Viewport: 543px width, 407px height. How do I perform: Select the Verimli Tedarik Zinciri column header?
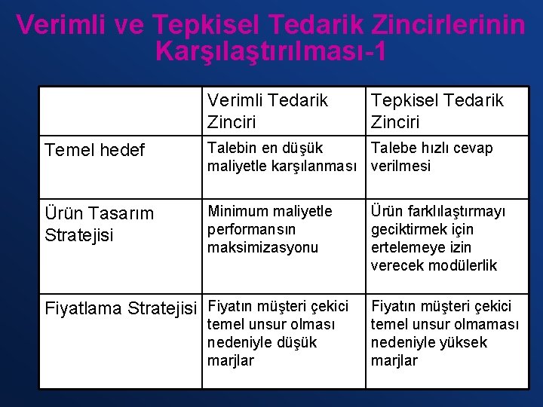coord(268,111)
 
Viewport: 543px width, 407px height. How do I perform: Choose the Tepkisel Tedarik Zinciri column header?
coord(437,111)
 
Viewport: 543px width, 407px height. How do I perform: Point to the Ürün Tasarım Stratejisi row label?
coord(99,224)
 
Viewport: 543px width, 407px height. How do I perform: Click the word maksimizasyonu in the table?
coord(262,247)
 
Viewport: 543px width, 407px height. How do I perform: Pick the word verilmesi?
coord(400,166)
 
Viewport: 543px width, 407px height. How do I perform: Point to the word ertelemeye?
coord(408,247)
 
